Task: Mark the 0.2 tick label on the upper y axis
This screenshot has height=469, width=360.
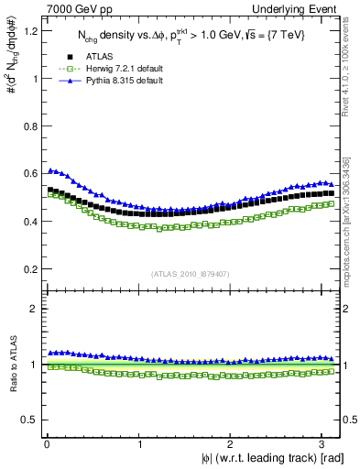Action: click(x=27, y=269)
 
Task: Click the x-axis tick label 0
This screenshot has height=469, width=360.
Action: click(x=46, y=444)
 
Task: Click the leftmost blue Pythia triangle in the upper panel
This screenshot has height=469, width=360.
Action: click(x=49, y=170)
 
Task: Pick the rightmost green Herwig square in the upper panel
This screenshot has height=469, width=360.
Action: click(x=331, y=204)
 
